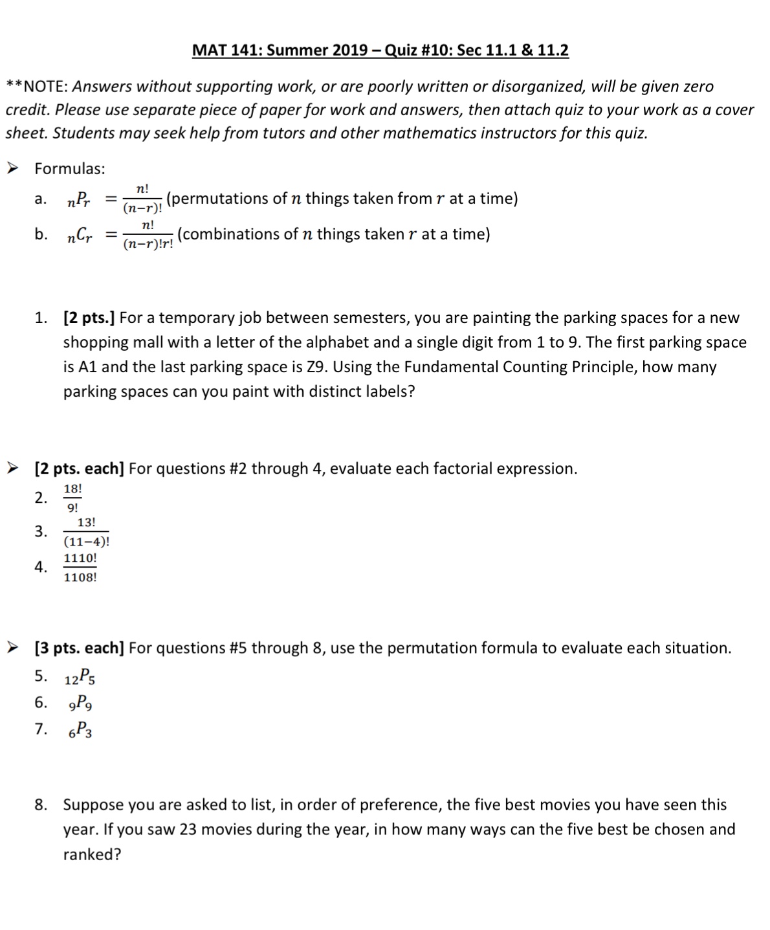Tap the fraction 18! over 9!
point(72,498)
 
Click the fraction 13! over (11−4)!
point(86,532)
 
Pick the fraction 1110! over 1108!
point(80,568)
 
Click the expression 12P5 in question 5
point(80,678)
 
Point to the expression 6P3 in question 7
point(80,731)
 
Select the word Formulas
point(70,169)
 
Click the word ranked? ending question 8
point(92,854)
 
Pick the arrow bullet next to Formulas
point(12,168)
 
